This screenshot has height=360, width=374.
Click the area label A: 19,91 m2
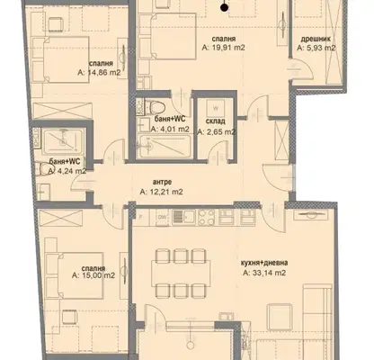coord(224,48)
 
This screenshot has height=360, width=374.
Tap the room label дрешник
coord(316,39)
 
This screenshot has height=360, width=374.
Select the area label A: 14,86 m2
coord(99,72)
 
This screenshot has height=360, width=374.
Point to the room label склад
coord(216,121)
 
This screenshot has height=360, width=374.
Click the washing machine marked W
coord(216,108)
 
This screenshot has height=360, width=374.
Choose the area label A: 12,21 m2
coord(161,192)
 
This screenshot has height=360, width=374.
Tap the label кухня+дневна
coord(264,263)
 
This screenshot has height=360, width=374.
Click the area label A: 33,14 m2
coord(264,273)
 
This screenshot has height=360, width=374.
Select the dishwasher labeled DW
coord(163,217)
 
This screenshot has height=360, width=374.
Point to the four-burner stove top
coord(207,217)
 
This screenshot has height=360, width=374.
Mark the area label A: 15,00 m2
coord(93,275)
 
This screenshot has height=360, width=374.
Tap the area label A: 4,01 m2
coord(170,130)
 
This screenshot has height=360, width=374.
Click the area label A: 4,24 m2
coord(67,171)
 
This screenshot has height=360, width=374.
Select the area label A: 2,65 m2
coord(217,131)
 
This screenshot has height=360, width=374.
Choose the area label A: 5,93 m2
coord(316,48)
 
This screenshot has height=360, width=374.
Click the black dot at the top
coord(225,8)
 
